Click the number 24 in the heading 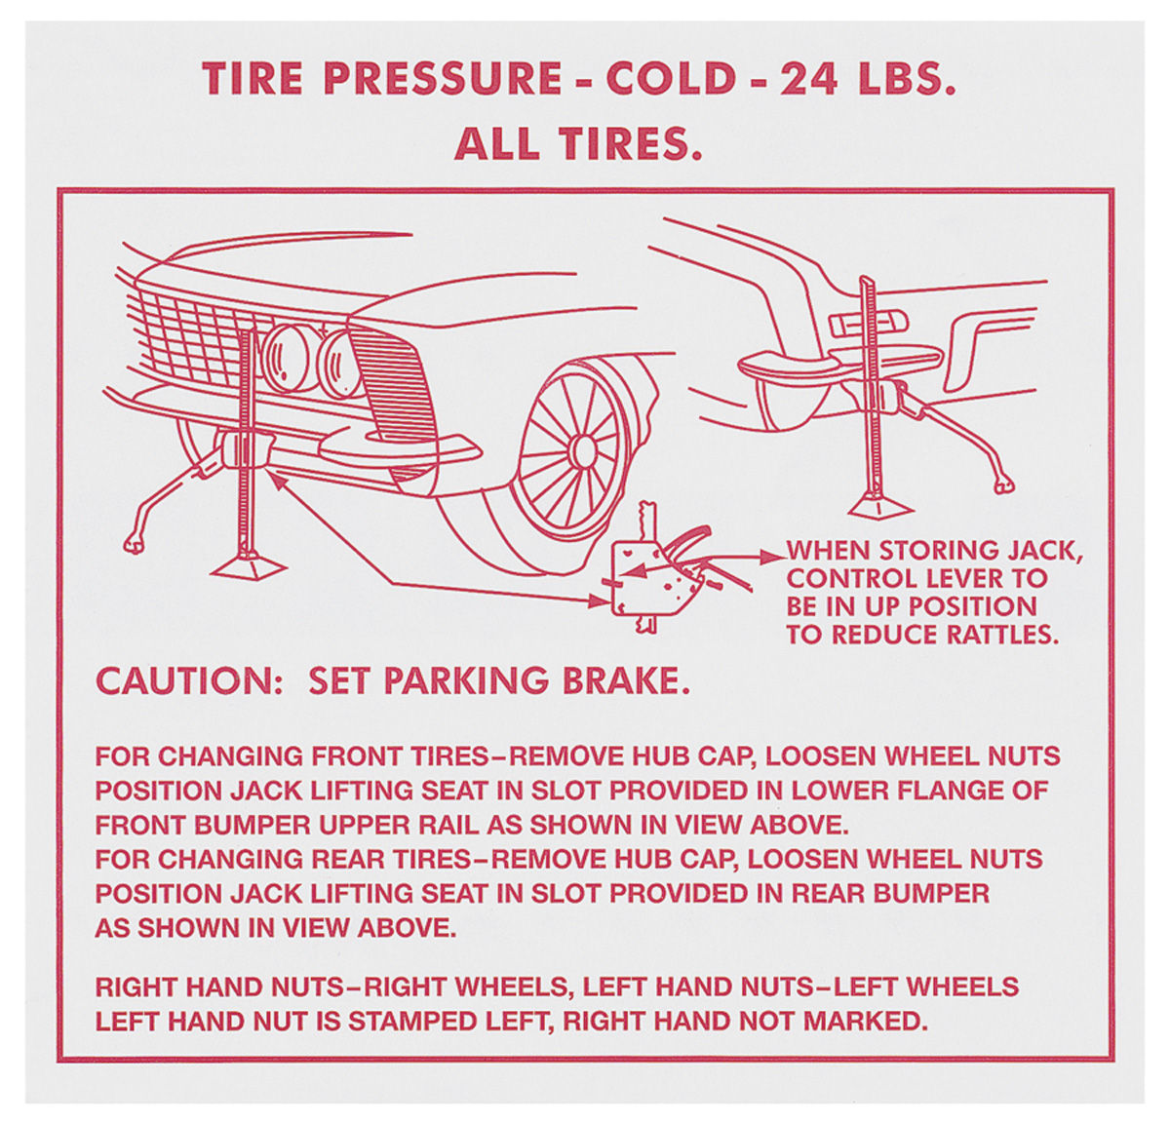[807, 79]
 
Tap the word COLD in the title [671, 79]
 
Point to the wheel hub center [582, 450]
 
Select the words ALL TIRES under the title [578, 144]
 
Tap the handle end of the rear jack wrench [1004, 484]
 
